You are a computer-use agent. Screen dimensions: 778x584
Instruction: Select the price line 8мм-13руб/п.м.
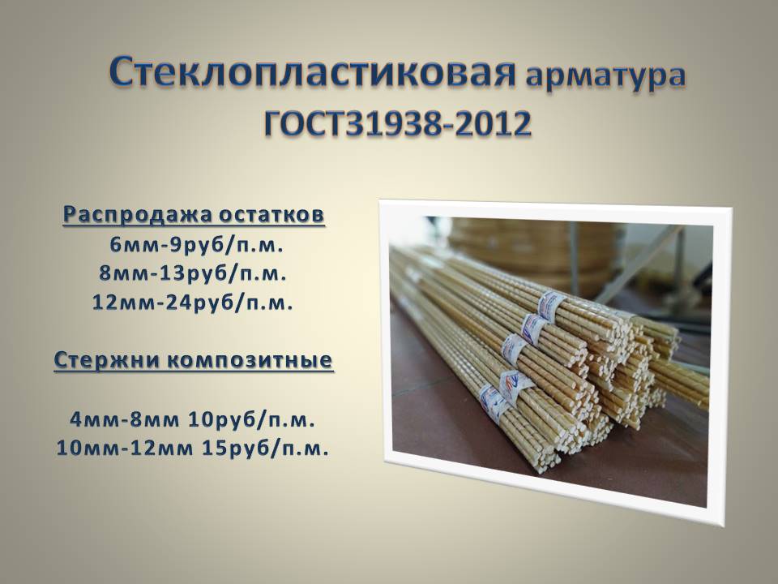tap(193, 273)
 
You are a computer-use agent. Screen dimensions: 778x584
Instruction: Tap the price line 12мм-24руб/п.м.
tap(193, 303)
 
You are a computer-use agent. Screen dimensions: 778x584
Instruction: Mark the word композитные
tap(250, 360)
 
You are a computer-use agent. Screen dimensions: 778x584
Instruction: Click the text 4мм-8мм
tap(125, 420)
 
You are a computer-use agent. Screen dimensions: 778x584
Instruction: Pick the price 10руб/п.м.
tap(252, 420)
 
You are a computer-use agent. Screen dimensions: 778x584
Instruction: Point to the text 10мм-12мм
tap(125, 449)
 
